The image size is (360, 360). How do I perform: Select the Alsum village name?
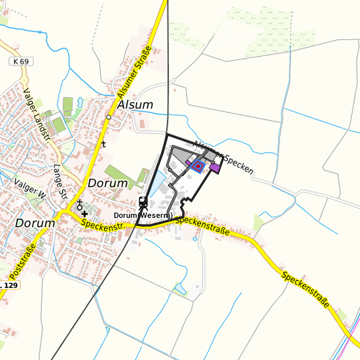coord(135,105)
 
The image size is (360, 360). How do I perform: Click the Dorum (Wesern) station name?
coord(143,215)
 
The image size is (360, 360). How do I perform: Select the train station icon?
coord(143,202)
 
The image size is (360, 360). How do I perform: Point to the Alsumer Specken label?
coord(223,157)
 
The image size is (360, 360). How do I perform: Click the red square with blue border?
coord(197,165)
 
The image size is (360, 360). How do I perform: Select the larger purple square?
coord(215,167)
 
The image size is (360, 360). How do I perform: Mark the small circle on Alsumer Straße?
coord(108,117)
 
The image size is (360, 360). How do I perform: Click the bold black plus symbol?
coord(85,213)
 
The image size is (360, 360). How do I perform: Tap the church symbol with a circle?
coord(79,203)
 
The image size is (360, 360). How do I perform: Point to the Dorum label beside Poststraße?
coord(35,223)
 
